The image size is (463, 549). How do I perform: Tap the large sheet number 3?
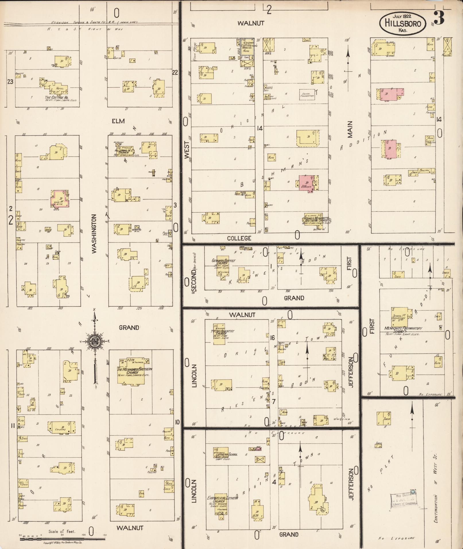439,18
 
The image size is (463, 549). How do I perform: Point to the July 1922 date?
402,16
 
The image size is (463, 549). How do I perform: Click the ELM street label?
118,121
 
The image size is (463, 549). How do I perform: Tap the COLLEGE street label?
239,238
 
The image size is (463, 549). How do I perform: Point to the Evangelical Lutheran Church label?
222,500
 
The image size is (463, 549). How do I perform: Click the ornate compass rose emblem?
94,341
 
